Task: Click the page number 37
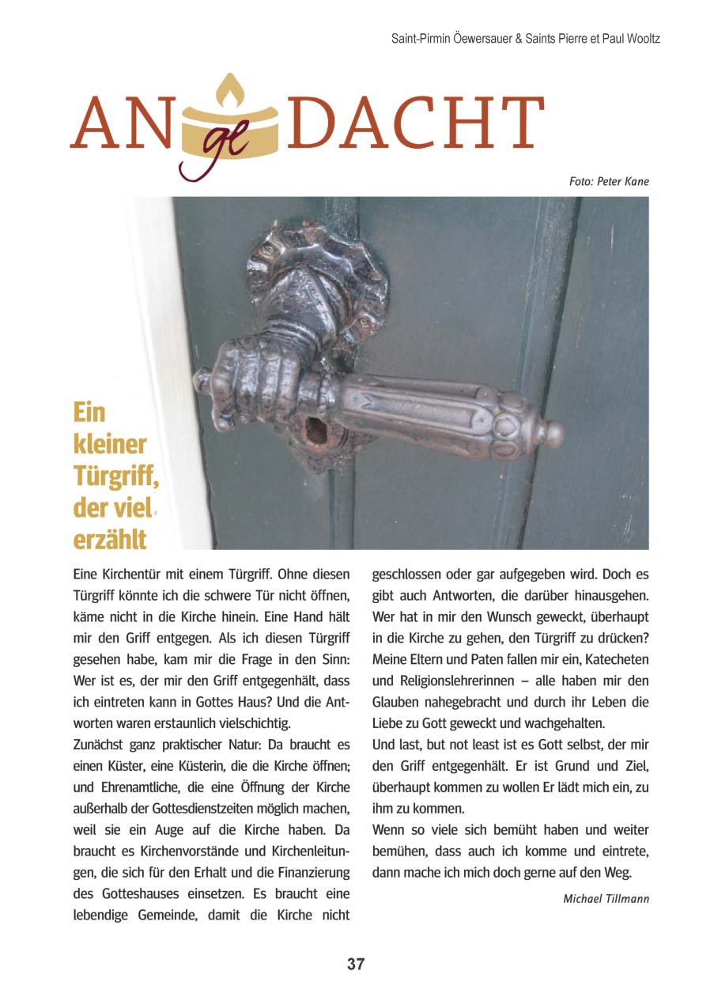[356, 964]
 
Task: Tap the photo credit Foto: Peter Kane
[608, 182]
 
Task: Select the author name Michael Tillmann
[606, 899]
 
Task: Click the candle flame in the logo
[231, 91]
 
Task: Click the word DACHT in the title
[412, 123]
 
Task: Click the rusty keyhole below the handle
[319, 432]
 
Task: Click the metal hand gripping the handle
[251, 378]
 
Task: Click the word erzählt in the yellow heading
[110, 540]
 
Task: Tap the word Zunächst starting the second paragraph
[100, 745]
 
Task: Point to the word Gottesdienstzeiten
[224, 810]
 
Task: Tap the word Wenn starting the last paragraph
[388, 831]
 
